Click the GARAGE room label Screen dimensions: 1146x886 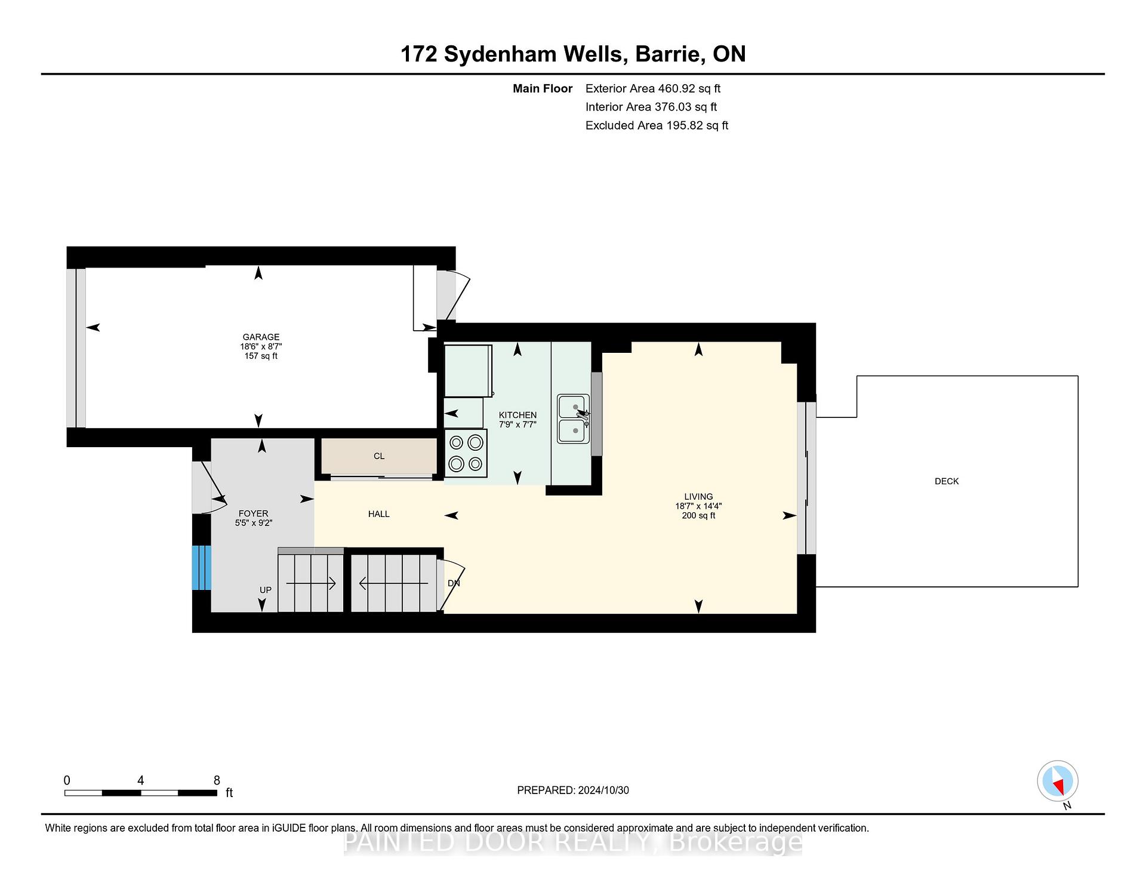pyautogui.click(x=261, y=337)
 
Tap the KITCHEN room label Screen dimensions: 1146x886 pyautogui.click(x=517, y=415)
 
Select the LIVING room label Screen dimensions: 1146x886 pyautogui.click(x=698, y=496)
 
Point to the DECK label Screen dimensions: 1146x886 pyautogui.click(x=947, y=481)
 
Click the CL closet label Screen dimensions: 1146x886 pyautogui.click(x=379, y=456)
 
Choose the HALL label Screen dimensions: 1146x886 pyautogui.click(x=379, y=513)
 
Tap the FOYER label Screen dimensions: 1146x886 pyautogui.click(x=253, y=513)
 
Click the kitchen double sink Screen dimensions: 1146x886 pyautogui.click(x=574, y=419)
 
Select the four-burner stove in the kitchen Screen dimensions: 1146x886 pyautogui.click(x=466, y=453)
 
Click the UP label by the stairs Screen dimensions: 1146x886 pyautogui.click(x=266, y=590)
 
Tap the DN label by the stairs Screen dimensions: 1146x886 pyautogui.click(x=454, y=583)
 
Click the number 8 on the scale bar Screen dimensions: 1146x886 pyautogui.click(x=217, y=780)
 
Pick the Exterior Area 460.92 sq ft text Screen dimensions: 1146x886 pyautogui.click(x=653, y=88)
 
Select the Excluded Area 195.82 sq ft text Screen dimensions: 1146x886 pyautogui.click(x=657, y=125)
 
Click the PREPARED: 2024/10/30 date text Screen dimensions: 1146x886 pyautogui.click(x=573, y=790)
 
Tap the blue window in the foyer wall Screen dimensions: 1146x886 pyautogui.click(x=202, y=568)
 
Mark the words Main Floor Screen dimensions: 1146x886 pyautogui.click(x=543, y=88)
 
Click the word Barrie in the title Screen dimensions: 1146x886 pyautogui.click(x=667, y=54)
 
